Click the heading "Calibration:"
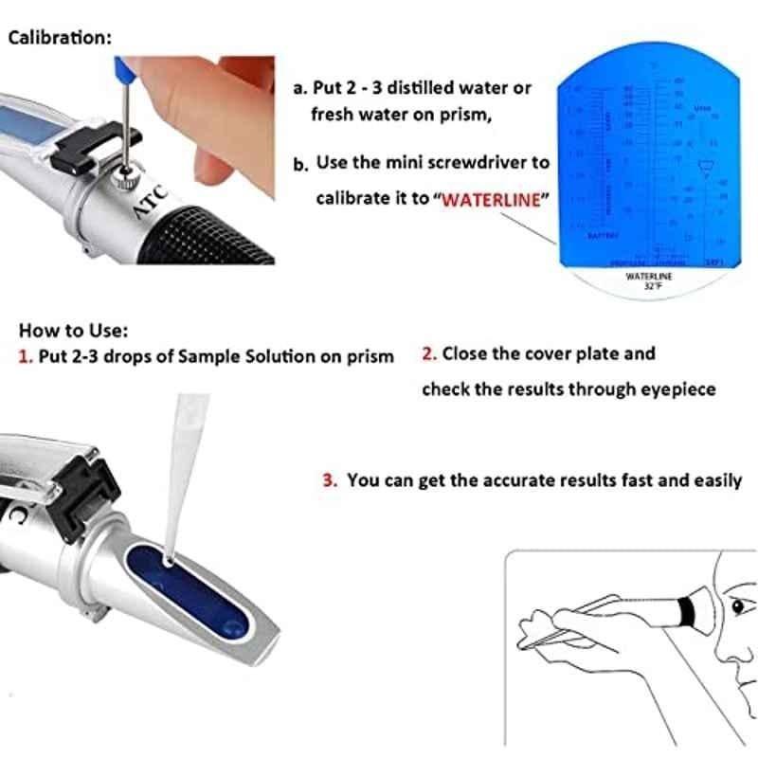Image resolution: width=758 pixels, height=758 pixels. [59, 38]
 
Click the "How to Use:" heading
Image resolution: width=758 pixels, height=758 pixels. [73, 331]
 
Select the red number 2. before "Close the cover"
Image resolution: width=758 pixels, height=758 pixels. [429, 353]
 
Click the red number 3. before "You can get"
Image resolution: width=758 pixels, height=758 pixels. [330, 480]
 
